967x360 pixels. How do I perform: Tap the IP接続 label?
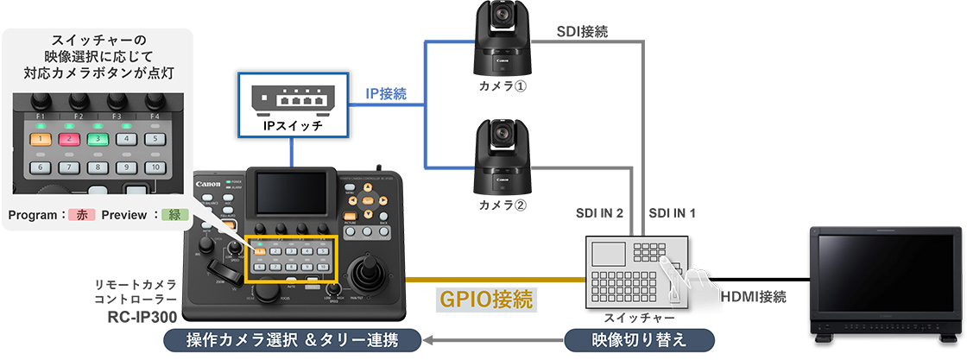point(386,92)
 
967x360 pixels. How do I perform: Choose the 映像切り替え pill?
point(639,339)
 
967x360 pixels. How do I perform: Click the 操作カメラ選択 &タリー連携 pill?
point(293,339)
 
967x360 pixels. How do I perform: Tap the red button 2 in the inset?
point(69,138)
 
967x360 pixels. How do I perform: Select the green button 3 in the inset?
point(98,138)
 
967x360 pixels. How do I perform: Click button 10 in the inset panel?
point(154,167)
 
